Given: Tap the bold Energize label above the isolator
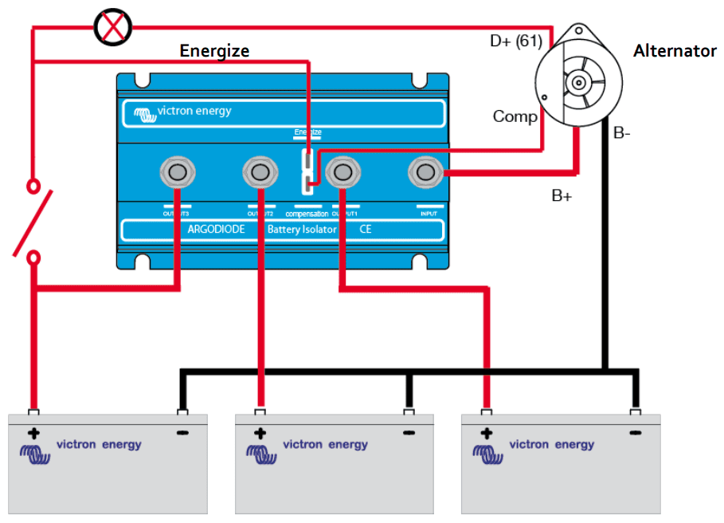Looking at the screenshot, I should pos(214,51).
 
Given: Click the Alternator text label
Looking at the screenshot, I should pos(675,51).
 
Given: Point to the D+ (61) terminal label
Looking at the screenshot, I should pos(515,40).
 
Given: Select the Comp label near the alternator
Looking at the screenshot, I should pos(515,116).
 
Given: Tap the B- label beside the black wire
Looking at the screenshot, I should pos(622,133).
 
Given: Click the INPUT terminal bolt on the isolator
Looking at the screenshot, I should pos(426,171).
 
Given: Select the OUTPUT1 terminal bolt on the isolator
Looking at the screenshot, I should pos(342,171).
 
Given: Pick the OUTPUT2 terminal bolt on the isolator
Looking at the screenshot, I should pos(260,171).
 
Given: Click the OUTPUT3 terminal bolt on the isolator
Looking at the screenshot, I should pos(177,171).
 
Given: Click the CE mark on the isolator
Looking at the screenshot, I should pos(366,230).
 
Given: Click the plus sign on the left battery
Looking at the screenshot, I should pos(33,435).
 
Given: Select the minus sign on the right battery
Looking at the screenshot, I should pos(635,434).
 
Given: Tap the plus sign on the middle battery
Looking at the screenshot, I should pos(260,435).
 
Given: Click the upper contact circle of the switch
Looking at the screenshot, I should pos(33,186).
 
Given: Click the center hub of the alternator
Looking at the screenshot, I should pos(577,82).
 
